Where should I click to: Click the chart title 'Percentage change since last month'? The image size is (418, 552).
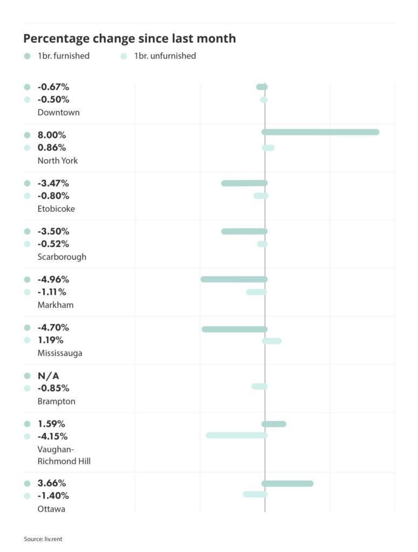[129, 39]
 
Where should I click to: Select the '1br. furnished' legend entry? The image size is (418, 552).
[63, 56]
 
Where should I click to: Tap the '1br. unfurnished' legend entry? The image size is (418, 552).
[165, 56]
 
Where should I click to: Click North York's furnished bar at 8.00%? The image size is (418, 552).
[320, 132]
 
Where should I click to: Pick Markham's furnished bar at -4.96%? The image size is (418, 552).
[234, 279]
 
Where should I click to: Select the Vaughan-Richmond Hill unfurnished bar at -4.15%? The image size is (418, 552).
[236, 435]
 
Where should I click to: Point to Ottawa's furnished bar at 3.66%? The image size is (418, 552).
[287, 484]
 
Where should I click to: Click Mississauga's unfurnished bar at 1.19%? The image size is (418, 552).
[272, 341]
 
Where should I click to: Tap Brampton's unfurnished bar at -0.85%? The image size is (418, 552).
[259, 387]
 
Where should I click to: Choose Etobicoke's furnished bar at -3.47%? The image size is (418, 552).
[244, 183]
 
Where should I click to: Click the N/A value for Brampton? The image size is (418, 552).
[49, 376]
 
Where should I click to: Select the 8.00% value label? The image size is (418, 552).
[51, 135]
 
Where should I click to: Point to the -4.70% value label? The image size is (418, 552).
[53, 328]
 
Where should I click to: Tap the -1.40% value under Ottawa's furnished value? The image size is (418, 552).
[53, 496]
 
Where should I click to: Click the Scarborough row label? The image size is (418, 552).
[61, 257]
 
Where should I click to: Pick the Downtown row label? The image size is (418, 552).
[58, 112]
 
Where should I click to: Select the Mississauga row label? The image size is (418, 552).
[60, 353]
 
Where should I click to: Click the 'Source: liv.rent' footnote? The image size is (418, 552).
[43, 539]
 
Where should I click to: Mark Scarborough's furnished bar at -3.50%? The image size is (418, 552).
[244, 231]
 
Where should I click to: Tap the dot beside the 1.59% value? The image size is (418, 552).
[28, 424]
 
